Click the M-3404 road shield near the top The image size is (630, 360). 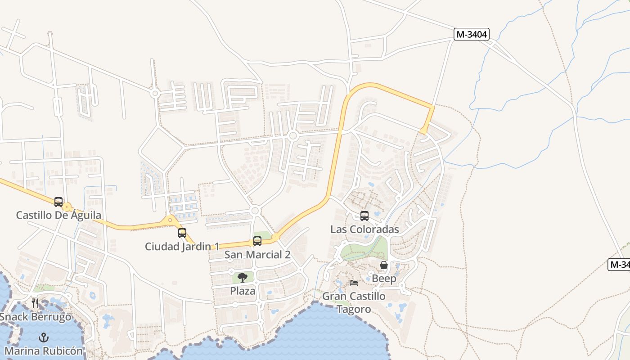[x=471, y=34]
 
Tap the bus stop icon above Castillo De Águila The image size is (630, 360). [x=58, y=202]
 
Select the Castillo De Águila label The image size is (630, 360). [x=58, y=215]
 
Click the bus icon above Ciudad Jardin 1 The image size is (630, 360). [x=182, y=233]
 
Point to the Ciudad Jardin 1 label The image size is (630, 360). [x=182, y=247]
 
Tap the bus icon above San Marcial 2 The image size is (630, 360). [x=257, y=241]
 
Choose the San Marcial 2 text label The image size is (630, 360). [x=257, y=255]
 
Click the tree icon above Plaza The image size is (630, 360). [x=243, y=277]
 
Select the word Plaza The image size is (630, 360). [x=243, y=291]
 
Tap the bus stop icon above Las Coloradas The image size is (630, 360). [x=364, y=216]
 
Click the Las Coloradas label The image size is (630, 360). [x=364, y=229]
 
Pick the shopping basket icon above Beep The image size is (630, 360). [x=384, y=265]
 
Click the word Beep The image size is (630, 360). [x=384, y=279]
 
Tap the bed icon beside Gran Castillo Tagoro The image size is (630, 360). [x=354, y=283]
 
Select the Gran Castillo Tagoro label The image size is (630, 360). [x=354, y=302]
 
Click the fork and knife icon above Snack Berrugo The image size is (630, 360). [x=35, y=303]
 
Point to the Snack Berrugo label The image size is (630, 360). [x=35, y=317]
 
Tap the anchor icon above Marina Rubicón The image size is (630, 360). [x=44, y=337]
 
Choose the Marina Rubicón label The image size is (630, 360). [x=44, y=351]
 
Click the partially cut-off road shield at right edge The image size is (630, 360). [x=619, y=265]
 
